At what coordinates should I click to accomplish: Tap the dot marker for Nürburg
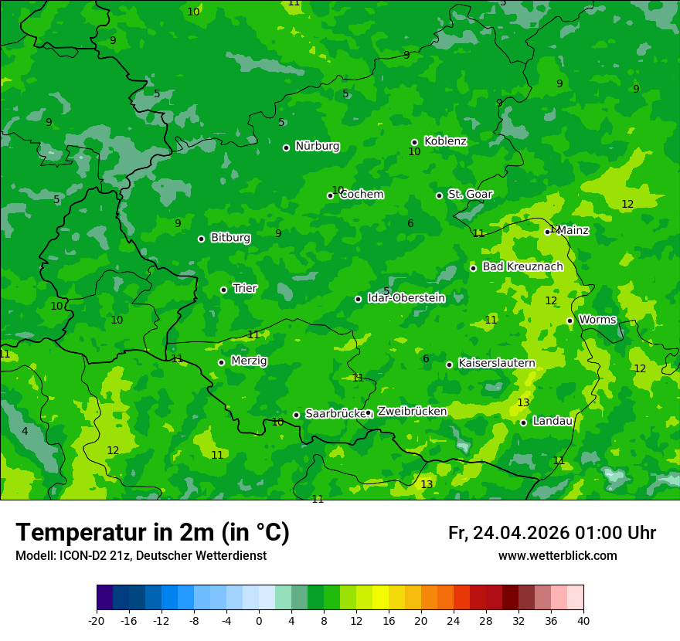[x=286, y=148]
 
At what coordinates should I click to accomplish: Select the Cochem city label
[x=362, y=195]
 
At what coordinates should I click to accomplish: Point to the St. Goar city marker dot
[x=439, y=195]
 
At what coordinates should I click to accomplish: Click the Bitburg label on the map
[x=230, y=238]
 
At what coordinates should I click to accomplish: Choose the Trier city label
[x=245, y=289]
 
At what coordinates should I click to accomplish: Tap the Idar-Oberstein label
[x=406, y=298]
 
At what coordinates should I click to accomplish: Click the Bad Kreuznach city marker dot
[x=473, y=268]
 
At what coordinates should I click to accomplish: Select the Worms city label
[x=597, y=320]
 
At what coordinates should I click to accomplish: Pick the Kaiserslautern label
[x=496, y=363]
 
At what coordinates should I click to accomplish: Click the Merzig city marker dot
[x=221, y=362]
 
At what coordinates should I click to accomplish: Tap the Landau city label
[x=552, y=421]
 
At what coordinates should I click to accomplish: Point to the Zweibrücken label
[x=412, y=412]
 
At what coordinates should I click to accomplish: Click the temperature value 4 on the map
[x=25, y=431]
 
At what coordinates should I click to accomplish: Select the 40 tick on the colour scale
[x=583, y=620]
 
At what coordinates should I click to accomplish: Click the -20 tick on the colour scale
[x=97, y=620]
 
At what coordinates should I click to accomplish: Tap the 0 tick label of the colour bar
[x=259, y=620]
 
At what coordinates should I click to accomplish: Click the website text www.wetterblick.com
[x=557, y=556]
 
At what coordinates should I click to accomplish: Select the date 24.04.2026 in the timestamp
[x=521, y=533]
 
